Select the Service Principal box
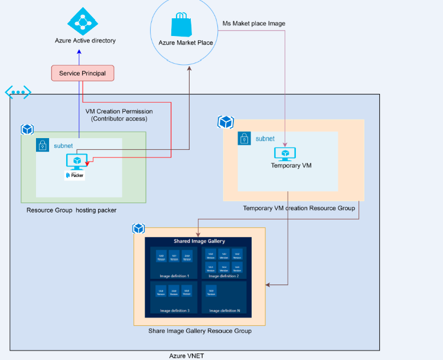(x=82, y=73)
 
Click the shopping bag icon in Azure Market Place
(x=181, y=25)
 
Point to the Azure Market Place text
(x=185, y=42)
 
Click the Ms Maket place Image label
(x=253, y=24)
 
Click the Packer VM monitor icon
(x=77, y=161)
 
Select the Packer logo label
(x=74, y=175)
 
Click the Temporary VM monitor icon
(x=285, y=153)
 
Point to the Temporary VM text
(x=291, y=166)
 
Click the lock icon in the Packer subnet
(x=43, y=145)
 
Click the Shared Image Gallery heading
(x=198, y=241)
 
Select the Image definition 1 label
(x=174, y=276)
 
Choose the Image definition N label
(x=224, y=310)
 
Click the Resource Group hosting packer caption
(x=71, y=210)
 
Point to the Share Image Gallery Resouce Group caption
(x=200, y=331)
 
